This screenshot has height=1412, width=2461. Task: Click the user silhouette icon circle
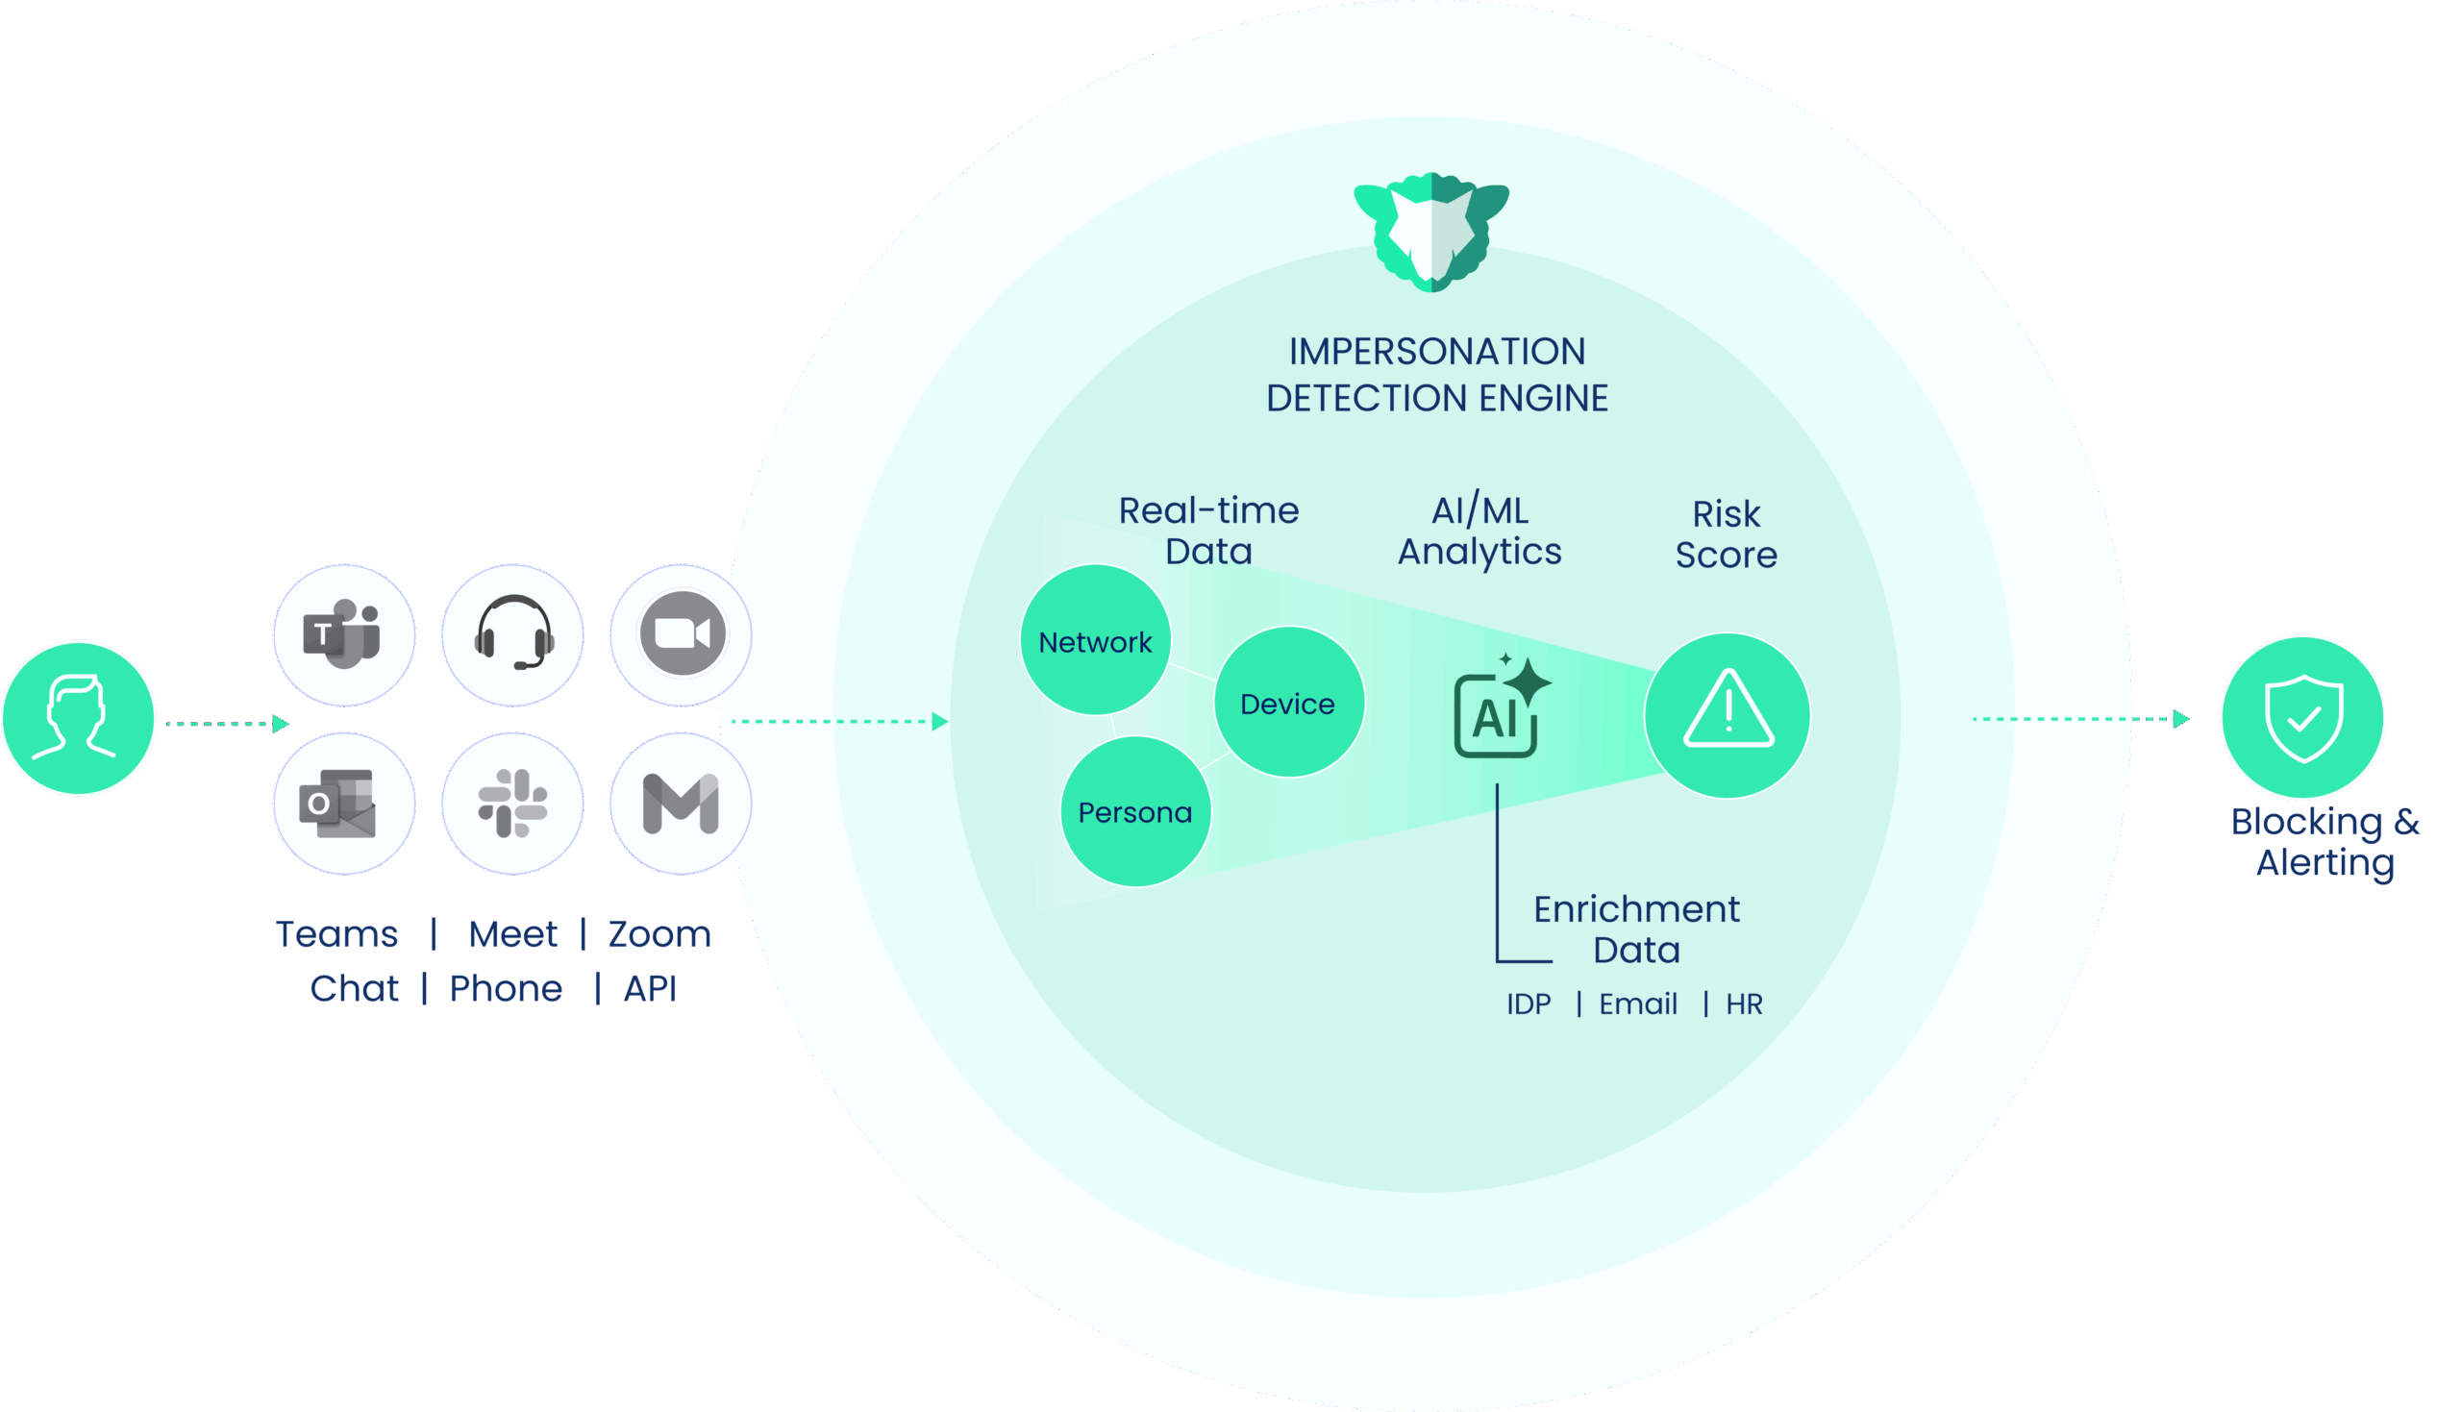click(x=79, y=719)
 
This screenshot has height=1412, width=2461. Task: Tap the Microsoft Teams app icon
click(x=343, y=634)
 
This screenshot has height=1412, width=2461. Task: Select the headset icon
click(x=513, y=634)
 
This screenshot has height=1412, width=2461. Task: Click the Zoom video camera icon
click(x=682, y=634)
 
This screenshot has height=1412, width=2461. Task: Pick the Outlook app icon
click(x=343, y=804)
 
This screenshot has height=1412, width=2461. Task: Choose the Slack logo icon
click(x=513, y=804)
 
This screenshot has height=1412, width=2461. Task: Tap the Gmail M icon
click(x=681, y=804)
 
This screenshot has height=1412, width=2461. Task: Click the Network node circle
click(x=1096, y=641)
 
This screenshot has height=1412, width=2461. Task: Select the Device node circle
click(x=1289, y=703)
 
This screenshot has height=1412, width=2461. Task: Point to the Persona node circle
click(x=1134, y=811)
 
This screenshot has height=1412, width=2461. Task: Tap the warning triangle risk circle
click(x=1728, y=716)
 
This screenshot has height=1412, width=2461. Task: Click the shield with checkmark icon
click(x=2304, y=718)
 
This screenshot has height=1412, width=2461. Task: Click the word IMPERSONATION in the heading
click(x=1437, y=351)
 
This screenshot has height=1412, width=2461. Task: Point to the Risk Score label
click(x=1726, y=534)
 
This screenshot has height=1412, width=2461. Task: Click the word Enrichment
click(x=1637, y=908)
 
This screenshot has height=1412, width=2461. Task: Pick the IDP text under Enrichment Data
click(x=1529, y=1003)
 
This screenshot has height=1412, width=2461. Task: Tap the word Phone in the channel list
click(x=506, y=988)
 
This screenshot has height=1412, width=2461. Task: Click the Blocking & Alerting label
click(x=2325, y=842)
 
